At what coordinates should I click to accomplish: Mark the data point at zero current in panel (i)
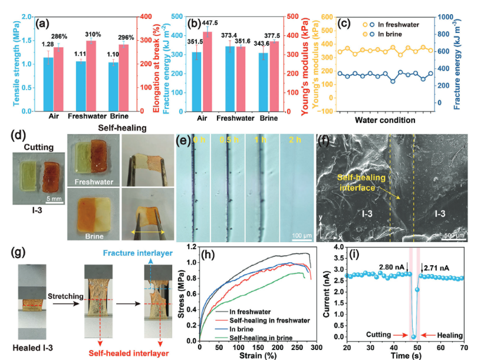click(x=414, y=336)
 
